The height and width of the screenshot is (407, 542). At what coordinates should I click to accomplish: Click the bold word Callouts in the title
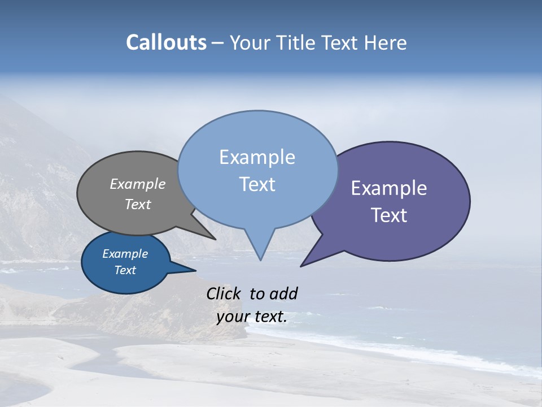[x=166, y=42]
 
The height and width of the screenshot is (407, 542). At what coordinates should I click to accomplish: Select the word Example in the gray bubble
[x=138, y=184]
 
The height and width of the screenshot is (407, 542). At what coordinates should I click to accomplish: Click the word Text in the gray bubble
[x=138, y=204]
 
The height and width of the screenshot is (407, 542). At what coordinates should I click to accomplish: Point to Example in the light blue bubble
[x=257, y=157]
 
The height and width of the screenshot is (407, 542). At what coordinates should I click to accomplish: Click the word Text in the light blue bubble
[x=257, y=184]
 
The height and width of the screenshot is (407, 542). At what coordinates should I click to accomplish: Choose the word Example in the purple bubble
[x=389, y=188]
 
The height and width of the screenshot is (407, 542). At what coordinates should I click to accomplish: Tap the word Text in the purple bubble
[x=389, y=215]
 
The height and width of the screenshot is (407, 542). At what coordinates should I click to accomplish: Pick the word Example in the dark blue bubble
[x=125, y=254]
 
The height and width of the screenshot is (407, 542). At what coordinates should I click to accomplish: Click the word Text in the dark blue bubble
[x=125, y=270]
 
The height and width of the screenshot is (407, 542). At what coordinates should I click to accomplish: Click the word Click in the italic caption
[x=225, y=293]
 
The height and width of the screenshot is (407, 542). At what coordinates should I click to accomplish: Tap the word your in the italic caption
[x=233, y=317]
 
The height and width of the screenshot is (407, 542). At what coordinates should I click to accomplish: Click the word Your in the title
[x=249, y=43]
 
